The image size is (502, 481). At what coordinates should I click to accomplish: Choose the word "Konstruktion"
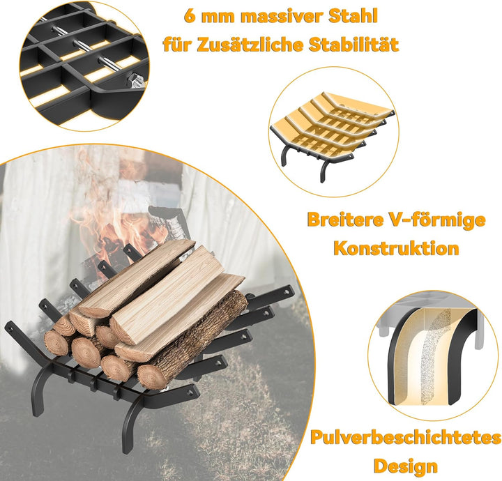coord(396,248)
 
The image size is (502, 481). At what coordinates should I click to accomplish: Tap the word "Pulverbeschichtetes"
coord(405,438)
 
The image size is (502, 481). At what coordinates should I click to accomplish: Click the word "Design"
coord(405,466)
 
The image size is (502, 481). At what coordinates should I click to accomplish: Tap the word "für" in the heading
coord(177,46)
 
